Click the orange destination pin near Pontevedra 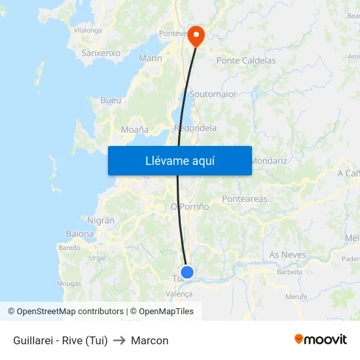(x=196, y=36)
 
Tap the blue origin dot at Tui (x=187, y=272)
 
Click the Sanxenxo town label (x=101, y=53)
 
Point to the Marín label (x=151, y=58)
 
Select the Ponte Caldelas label (x=246, y=60)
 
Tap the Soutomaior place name (x=213, y=94)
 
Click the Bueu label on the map (x=111, y=101)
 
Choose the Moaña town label (x=135, y=130)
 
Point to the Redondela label (x=196, y=128)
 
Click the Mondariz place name (x=268, y=160)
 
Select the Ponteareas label (x=245, y=199)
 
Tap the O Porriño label (x=190, y=206)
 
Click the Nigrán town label (x=101, y=221)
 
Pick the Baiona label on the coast (x=80, y=234)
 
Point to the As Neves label (x=287, y=255)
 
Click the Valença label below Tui (x=179, y=295)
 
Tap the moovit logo (x=321, y=340)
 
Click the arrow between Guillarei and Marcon (x=119, y=340)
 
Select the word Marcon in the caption (x=150, y=340)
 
